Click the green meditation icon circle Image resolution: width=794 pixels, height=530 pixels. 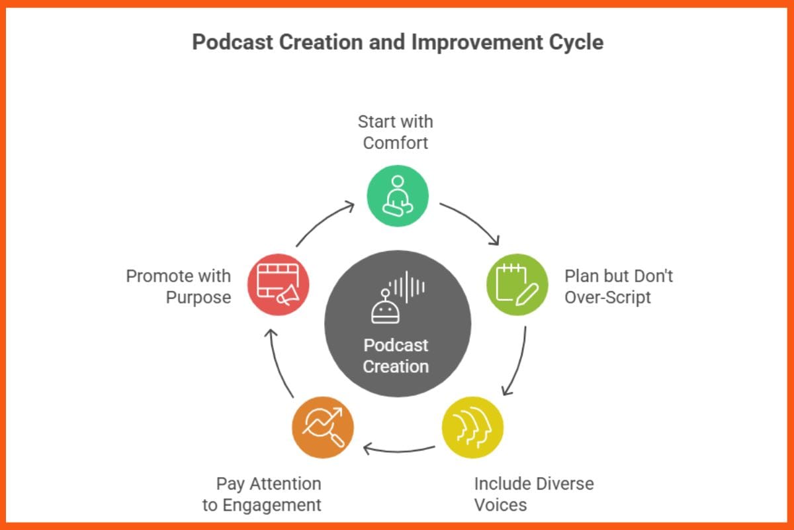398,196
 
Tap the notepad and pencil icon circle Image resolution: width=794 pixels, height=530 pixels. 517,284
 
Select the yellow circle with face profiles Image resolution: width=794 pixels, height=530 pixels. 472,427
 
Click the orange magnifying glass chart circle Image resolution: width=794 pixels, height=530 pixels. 322,427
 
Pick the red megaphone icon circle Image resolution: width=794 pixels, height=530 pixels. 278,284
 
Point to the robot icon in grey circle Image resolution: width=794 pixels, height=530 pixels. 385,306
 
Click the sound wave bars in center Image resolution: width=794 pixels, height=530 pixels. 408,286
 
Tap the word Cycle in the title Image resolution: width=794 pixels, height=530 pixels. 573,42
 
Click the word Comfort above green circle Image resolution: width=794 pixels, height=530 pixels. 396,142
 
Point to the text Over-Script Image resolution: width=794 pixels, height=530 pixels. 607,297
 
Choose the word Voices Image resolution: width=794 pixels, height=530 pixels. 500,505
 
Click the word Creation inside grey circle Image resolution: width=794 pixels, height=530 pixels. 396,366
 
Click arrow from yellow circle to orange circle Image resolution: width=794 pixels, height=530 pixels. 399,451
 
